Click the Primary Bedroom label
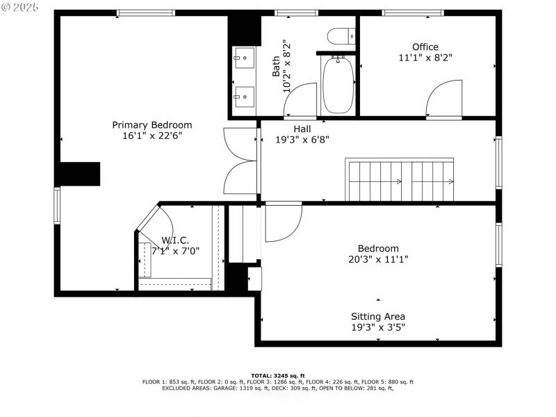[152, 125]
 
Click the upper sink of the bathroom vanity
[243, 57]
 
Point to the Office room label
[425, 47]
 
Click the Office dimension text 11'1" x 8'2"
[425, 58]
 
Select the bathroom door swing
[299, 100]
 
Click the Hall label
[302, 129]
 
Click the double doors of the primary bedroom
[240, 161]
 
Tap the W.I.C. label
[175, 240]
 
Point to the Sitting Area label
[378, 316]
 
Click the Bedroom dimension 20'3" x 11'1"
[378, 259]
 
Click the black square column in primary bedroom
[79, 174]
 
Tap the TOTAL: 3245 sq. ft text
[278, 375]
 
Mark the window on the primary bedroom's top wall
[145, 13]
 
